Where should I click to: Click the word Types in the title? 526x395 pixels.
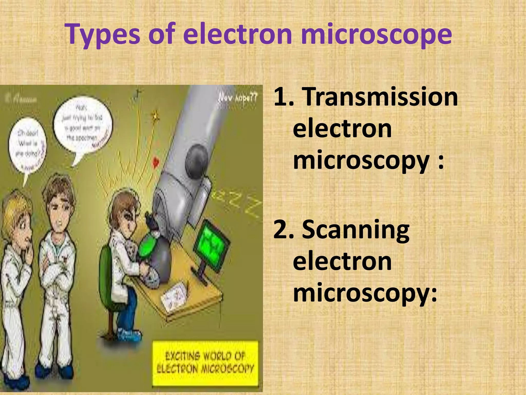[103, 35]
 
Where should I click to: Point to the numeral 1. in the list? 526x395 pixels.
[284, 97]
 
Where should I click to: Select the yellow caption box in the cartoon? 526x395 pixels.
[205, 363]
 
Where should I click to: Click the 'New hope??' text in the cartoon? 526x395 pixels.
[238, 98]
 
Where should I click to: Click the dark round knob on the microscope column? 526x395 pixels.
[196, 161]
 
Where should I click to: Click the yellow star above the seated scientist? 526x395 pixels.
[155, 116]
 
